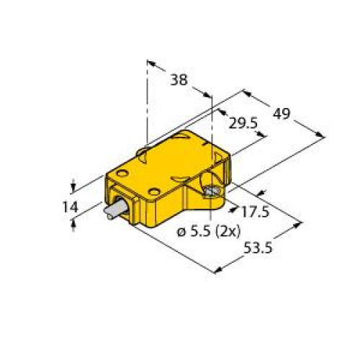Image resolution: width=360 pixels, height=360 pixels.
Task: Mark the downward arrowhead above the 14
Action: [74, 182]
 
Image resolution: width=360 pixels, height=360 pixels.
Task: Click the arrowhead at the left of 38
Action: [151, 63]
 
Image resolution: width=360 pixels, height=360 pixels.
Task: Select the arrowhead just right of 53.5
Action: [297, 226]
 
